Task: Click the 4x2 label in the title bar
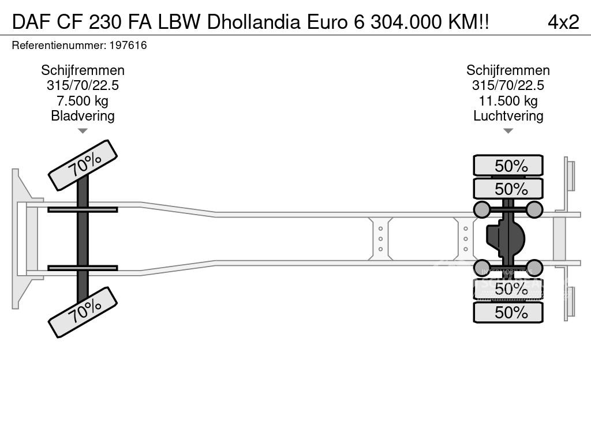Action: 563,22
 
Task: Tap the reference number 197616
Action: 130,45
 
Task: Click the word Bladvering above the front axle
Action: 83,115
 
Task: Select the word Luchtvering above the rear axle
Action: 508,115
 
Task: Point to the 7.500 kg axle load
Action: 83,100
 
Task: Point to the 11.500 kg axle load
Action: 508,100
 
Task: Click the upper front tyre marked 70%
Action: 83,165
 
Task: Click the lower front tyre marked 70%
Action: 83,312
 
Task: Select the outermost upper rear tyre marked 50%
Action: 508,166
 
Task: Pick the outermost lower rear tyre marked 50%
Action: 508,312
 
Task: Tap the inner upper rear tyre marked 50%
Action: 508,189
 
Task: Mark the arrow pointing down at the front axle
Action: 83,131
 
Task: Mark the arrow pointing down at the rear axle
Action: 508,131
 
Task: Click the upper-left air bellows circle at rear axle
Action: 482,209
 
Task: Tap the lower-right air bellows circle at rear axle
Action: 534,268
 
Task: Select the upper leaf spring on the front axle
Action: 83,209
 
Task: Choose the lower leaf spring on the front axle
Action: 83,268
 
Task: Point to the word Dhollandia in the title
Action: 255,22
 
